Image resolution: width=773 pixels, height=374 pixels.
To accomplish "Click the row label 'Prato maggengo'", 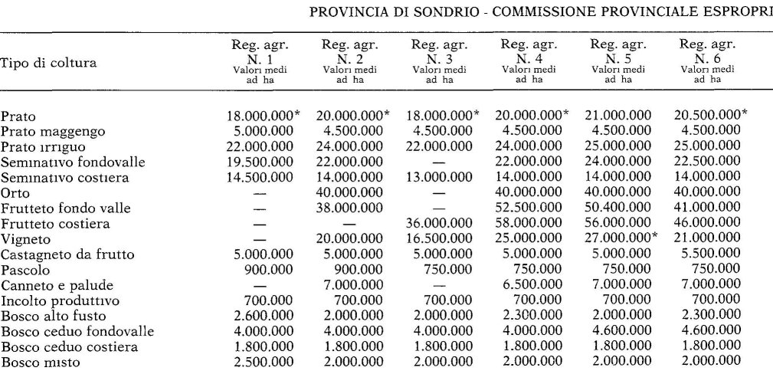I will click(x=53, y=131).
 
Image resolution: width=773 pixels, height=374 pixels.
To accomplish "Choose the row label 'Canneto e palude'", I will click(x=54, y=286).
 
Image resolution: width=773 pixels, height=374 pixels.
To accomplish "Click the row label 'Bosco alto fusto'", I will click(x=52, y=317).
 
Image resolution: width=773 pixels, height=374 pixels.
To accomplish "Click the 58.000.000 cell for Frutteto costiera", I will click(x=529, y=224).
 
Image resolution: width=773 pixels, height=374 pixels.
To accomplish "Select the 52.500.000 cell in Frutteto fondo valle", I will click(x=529, y=208).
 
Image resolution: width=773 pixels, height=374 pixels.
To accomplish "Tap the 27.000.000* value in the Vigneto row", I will click(x=621, y=239).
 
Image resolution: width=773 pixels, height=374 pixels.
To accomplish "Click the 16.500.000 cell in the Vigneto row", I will click(x=440, y=239).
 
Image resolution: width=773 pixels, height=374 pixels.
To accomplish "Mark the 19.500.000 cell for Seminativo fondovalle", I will click(x=260, y=162).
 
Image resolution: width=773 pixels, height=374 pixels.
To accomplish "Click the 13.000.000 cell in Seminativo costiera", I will click(x=440, y=177).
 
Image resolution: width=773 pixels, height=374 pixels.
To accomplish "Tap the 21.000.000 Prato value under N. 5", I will click(x=617, y=116).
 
